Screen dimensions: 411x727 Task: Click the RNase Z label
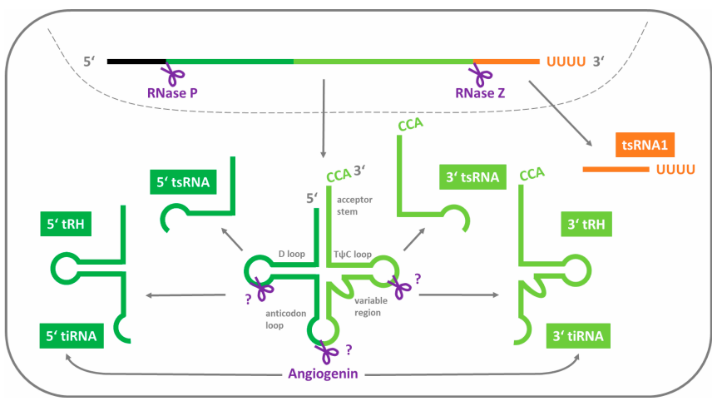point(480,92)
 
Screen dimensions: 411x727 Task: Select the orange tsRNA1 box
point(645,146)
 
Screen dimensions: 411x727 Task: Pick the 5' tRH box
point(67,225)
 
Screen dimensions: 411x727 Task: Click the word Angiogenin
point(324,374)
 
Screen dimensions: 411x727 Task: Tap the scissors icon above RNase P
point(174,73)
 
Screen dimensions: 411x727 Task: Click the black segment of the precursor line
point(136,62)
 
